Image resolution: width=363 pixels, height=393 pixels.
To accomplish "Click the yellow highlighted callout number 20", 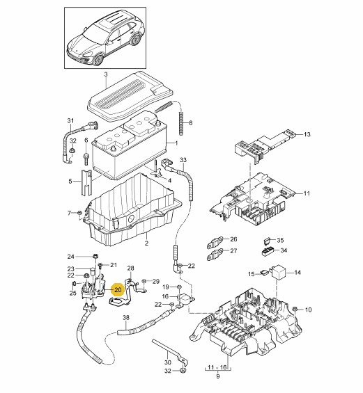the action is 118,290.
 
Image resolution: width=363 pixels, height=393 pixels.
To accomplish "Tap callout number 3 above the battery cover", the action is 106,74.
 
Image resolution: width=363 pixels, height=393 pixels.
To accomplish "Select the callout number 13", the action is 307,134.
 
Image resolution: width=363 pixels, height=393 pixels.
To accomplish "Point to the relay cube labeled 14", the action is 279,271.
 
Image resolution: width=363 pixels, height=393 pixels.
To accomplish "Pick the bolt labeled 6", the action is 86,159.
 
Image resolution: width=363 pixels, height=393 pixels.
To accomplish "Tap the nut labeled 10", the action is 295,309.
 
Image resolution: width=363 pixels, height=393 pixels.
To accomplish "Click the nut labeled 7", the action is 79,213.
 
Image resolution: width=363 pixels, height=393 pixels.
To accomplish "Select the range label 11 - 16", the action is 217,367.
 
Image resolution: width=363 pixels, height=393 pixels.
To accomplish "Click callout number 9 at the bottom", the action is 217,376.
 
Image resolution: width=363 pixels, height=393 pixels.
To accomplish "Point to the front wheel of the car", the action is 98,60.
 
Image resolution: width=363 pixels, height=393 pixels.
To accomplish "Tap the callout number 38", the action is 126,318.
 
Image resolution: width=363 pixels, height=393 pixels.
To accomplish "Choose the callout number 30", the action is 168,362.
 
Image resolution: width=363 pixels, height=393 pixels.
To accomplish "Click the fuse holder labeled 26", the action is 215,242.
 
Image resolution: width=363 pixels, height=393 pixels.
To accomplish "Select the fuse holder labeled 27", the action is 215,254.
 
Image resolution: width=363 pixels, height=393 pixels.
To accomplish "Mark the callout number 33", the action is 183,160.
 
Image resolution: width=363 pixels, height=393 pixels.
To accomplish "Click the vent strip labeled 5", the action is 86,182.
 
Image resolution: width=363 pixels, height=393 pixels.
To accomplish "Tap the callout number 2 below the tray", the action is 146,243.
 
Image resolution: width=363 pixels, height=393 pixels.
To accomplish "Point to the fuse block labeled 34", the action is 269,251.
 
